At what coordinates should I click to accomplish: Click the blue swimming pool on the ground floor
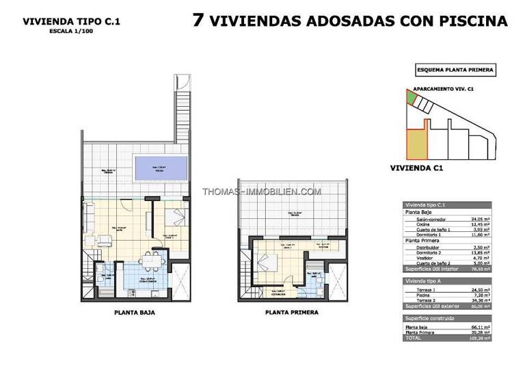(x=161, y=167)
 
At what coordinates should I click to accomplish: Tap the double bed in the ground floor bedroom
(x=172, y=217)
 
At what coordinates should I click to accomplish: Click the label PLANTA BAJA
(x=133, y=313)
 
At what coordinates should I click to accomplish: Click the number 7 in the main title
(x=198, y=20)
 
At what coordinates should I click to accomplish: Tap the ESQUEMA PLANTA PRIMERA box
(x=455, y=70)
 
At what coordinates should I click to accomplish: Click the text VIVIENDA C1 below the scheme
(x=417, y=168)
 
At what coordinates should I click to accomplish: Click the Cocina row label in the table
(x=423, y=225)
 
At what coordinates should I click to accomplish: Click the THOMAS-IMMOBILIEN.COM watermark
(x=262, y=192)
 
